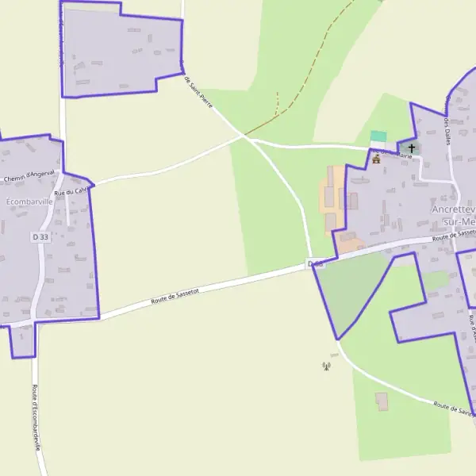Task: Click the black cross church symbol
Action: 411,148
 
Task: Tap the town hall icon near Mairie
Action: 376,159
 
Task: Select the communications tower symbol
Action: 325,366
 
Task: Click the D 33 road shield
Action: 40,236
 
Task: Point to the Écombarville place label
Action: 29,202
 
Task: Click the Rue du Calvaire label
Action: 69,191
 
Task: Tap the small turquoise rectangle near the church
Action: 378,136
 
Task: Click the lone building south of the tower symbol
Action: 382,401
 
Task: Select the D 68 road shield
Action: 316,263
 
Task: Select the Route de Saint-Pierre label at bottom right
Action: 455,408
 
